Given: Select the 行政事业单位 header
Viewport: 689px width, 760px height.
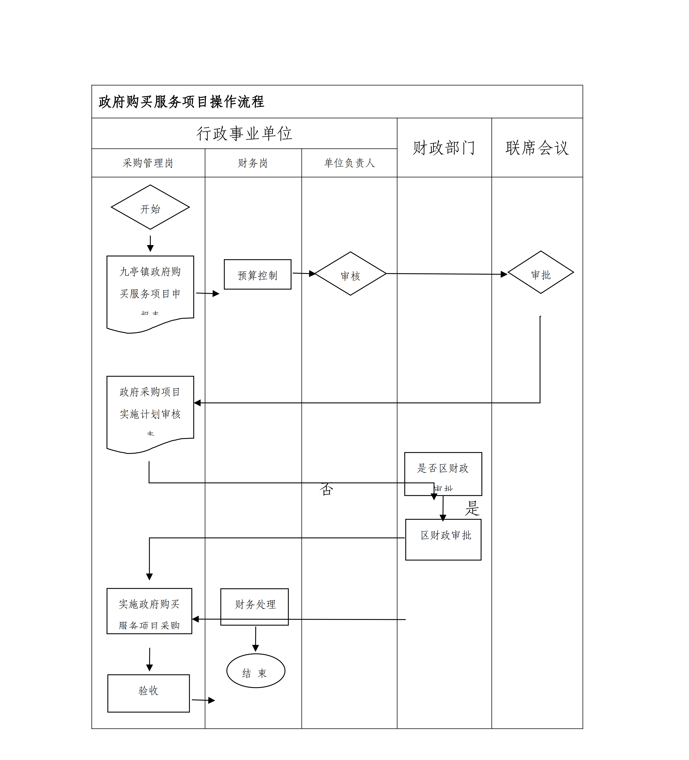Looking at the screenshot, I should pos(244,134).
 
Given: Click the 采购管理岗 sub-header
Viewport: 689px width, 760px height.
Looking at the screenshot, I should pos(148,163).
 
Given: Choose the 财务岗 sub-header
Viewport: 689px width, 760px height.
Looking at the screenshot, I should pos(253,163).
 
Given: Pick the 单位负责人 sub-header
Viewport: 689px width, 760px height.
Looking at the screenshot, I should pos(349,163).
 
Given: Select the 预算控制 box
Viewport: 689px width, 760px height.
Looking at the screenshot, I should pos(257,275).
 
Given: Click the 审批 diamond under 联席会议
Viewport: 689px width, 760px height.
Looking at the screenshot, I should pos(540,273).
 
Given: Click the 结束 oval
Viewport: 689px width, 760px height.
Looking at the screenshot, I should pos(255,671).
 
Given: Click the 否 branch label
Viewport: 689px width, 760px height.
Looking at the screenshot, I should pos(326,490).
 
